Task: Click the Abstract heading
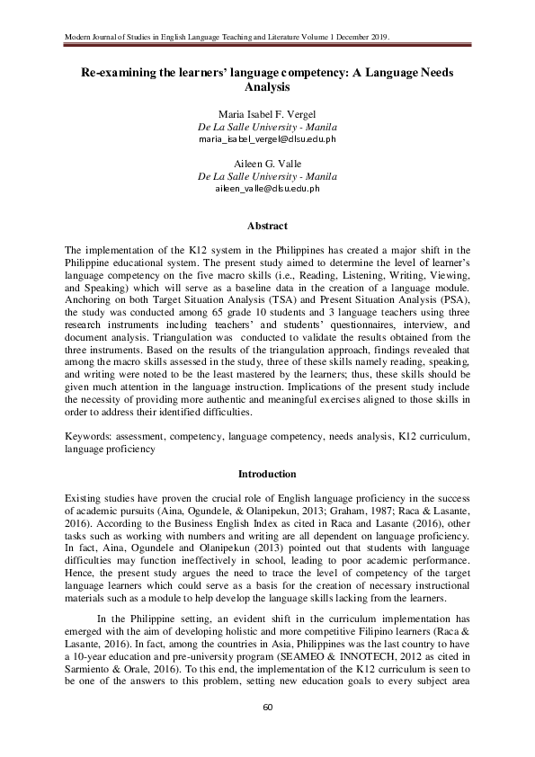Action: point(267,226)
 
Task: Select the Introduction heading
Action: point(267,473)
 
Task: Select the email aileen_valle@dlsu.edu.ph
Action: point(267,191)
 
